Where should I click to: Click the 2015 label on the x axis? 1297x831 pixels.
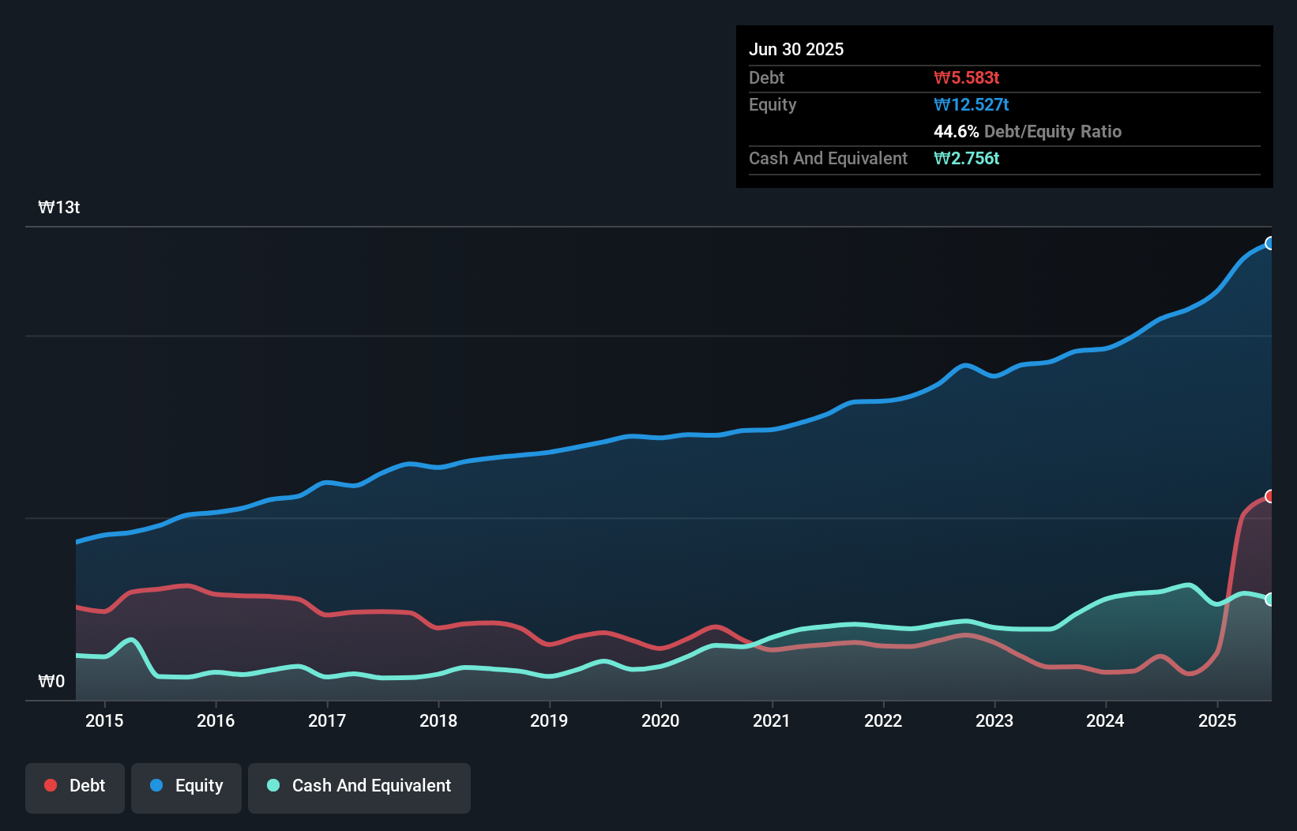104,720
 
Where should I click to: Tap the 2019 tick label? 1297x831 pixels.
549,720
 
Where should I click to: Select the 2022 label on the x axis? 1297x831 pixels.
882,720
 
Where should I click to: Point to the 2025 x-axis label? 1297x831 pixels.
1216,720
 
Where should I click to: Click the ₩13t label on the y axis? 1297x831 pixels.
59,208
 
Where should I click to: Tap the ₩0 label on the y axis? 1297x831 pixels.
51,681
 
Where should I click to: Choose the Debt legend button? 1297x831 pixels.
75,786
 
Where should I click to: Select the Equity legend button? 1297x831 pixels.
186,786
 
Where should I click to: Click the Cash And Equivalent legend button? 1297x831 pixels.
359,786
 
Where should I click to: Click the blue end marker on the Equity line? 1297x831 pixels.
1269,243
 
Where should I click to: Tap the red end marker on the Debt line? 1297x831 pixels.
1269,496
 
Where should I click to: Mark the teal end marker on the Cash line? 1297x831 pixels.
1269,600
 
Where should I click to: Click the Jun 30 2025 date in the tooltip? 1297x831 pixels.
796,49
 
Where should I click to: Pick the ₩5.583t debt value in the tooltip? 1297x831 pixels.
966,77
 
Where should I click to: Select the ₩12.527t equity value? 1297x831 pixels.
971,104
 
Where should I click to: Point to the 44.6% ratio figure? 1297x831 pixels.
956,131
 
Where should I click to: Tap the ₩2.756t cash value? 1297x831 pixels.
966,158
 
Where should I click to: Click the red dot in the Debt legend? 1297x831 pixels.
51,785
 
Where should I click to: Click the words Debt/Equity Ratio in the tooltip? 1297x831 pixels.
1052,131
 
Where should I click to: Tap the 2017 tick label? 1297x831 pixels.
326,720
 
